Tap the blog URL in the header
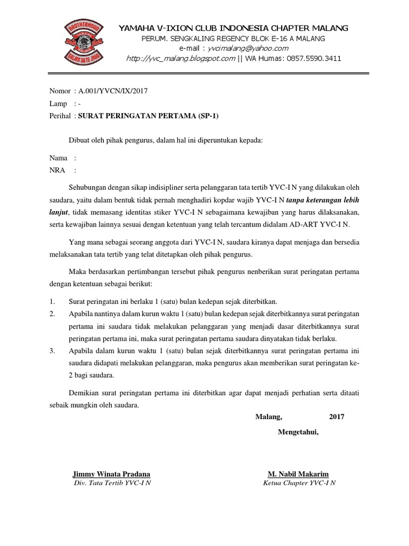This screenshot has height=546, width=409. [x=180, y=59]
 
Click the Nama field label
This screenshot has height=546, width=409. [x=59, y=158]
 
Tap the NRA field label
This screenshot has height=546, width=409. [x=57, y=170]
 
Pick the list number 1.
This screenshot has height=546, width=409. [x=52, y=301]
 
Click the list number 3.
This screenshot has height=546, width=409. [x=52, y=351]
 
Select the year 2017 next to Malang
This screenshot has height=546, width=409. [x=337, y=416]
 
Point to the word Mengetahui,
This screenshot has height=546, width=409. [x=298, y=431]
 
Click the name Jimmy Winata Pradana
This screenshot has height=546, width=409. [x=111, y=473]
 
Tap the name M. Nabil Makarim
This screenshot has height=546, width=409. [x=298, y=473]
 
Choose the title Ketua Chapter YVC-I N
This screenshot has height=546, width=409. [x=299, y=483]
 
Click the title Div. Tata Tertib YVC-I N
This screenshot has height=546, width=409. [x=111, y=483]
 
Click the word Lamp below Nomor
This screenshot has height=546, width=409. [x=58, y=103]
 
